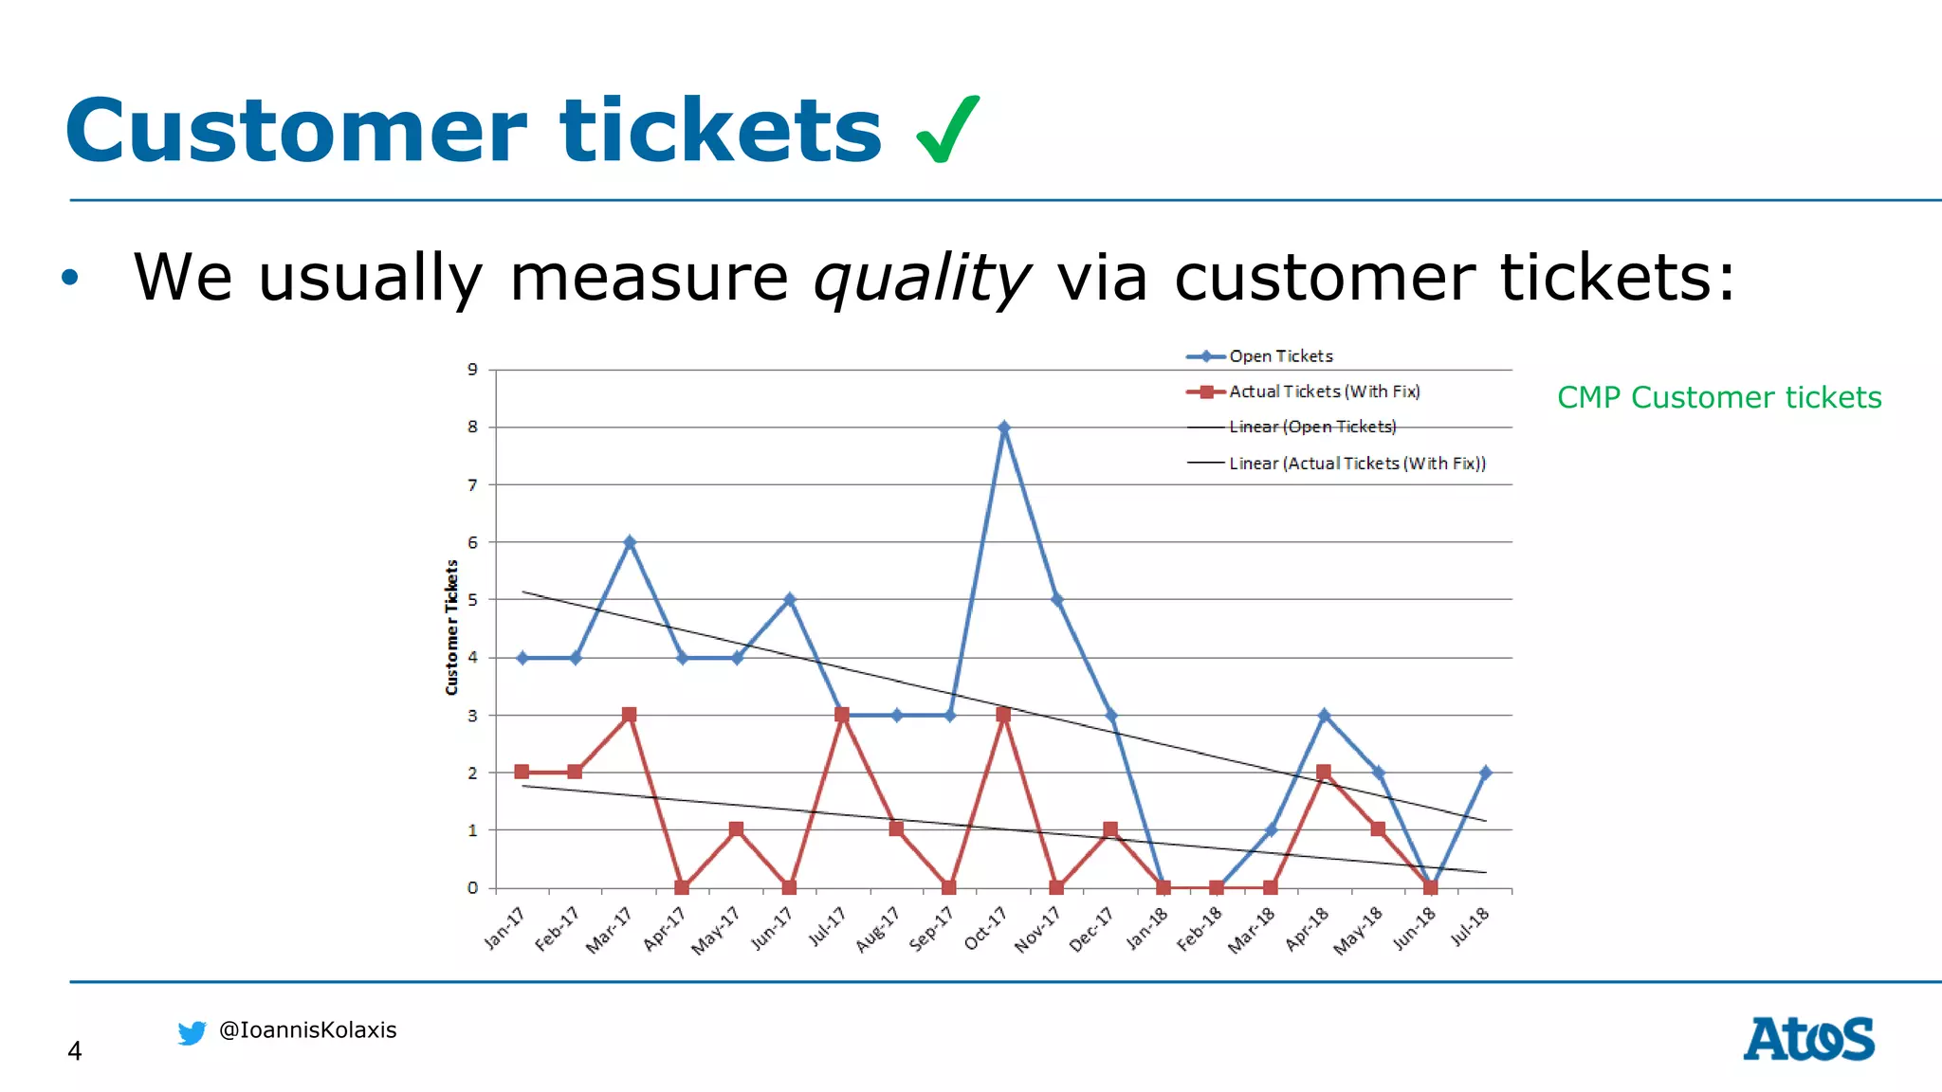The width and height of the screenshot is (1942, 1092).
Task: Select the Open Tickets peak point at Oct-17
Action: click(x=1003, y=428)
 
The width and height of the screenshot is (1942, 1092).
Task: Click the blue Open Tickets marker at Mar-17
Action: click(x=629, y=542)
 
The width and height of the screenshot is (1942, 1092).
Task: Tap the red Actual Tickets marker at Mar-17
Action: click(x=629, y=715)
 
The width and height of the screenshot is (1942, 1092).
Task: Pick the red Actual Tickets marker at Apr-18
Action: click(x=1324, y=773)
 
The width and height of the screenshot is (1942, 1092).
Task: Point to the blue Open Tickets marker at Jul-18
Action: click(x=1485, y=773)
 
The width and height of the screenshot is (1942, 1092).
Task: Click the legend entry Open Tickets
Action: click(x=1279, y=356)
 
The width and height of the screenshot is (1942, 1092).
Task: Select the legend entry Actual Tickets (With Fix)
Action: click(x=1323, y=391)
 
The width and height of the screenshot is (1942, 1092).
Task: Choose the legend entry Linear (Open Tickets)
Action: click(x=1311, y=428)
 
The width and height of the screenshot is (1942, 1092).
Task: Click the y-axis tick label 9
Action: click(x=472, y=370)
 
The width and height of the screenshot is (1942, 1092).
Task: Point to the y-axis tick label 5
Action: click(x=472, y=600)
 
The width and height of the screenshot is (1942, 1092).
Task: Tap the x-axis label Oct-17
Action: click(x=985, y=928)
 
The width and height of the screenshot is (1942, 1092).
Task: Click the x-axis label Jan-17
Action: click(x=504, y=928)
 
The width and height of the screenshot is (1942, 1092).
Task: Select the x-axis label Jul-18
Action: click(x=1470, y=926)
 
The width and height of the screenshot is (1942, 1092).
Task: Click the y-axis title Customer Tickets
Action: click(x=452, y=628)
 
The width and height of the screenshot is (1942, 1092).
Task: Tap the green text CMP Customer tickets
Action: click(x=1718, y=398)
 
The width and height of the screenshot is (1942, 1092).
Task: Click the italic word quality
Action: click(x=921, y=279)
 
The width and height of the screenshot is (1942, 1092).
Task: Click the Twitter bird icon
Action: click(x=192, y=1032)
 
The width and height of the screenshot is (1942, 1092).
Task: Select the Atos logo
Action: click(x=1808, y=1039)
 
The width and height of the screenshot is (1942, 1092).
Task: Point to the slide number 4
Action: click(x=75, y=1051)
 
